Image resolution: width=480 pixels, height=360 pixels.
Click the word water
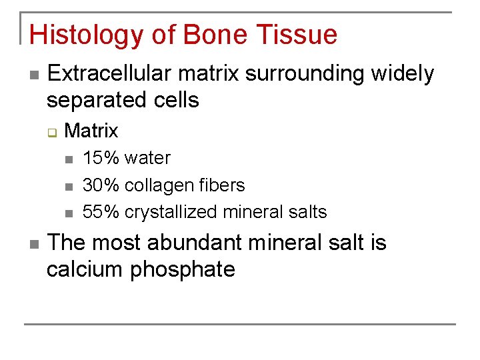147,158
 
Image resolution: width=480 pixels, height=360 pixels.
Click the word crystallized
171,212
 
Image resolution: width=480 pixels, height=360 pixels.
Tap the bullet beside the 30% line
68,186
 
